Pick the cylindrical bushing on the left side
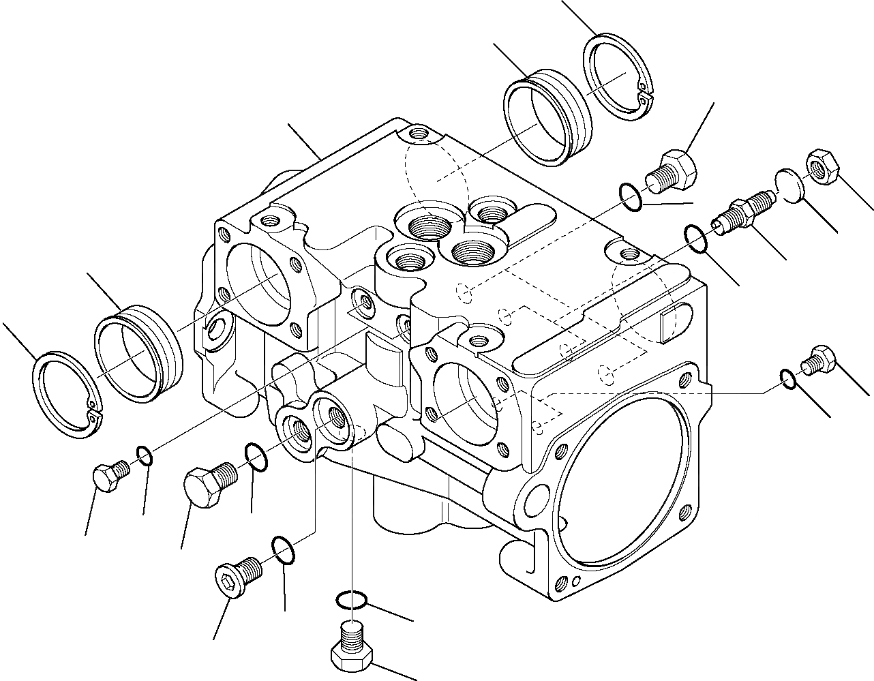pyautogui.click(x=138, y=352)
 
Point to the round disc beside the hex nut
pyautogui.click(x=789, y=185)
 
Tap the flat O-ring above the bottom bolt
pyautogui.click(x=352, y=600)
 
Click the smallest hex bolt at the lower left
pyautogui.click(x=108, y=473)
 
